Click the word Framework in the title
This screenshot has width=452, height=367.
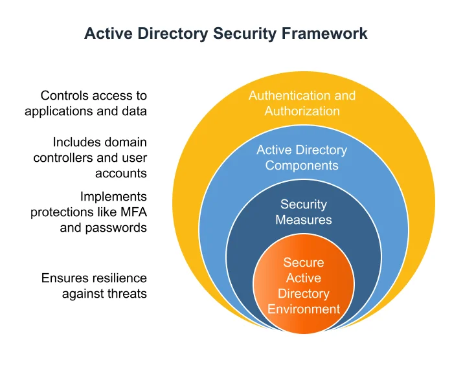(x=324, y=34)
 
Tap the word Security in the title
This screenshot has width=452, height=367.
(x=245, y=34)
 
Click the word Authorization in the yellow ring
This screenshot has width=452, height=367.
(x=302, y=111)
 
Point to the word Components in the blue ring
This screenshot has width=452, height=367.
(x=302, y=166)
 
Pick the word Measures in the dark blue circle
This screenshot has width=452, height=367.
(x=304, y=220)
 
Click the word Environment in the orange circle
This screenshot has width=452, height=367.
(x=304, y=309)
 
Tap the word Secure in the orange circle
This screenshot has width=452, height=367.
(x=304, y=262)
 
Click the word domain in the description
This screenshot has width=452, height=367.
(x=126, y=142)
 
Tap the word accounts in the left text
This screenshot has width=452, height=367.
(x=121, y=173)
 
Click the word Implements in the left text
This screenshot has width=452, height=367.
(x=113, y=197)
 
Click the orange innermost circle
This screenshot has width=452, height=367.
(x=304, y=284)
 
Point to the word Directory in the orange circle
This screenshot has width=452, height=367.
(x=304, y=294)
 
